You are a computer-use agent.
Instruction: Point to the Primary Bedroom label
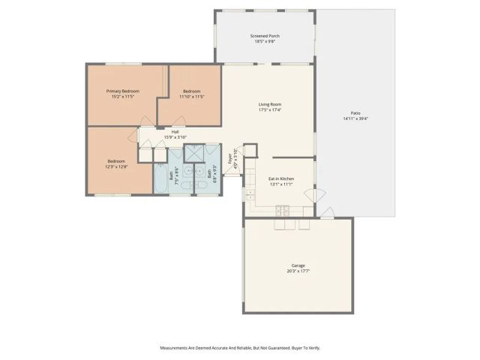click(x=123, y=90)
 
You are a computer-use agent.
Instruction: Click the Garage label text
click(x=298, y=265)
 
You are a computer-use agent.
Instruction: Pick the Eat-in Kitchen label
click(x=280, y=178)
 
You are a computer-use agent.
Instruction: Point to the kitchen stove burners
click(x=283, y=208)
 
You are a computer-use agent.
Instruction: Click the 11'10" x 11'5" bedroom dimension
click(x=192, y=97)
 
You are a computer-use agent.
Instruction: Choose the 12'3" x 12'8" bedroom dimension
click(x=115, y=166)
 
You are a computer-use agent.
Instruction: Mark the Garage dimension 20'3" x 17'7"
click(x=298, y=271)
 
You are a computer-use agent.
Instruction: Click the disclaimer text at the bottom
click(x=239, y=347)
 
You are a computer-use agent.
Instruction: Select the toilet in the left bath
click(x=186, y=171)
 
